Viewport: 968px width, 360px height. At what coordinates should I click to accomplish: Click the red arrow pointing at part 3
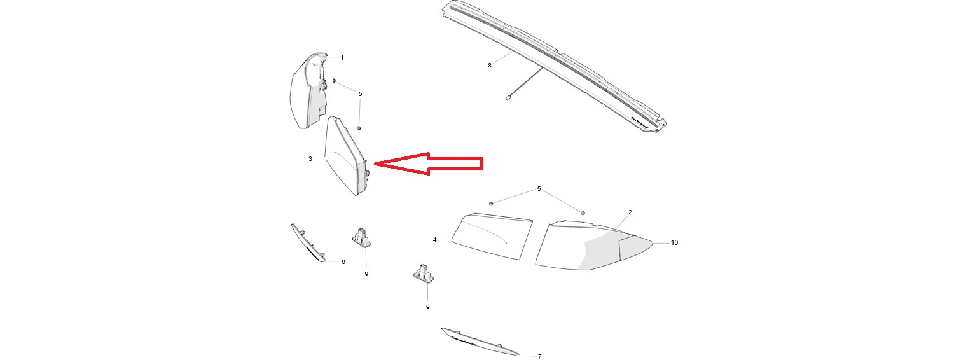coord(428,164)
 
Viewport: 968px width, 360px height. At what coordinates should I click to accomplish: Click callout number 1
coord(342,57)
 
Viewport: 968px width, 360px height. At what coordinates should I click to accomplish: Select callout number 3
coord(310,158)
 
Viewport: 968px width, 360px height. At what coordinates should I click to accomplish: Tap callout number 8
coord(490,66)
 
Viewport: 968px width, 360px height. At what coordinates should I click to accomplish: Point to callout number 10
coord(674,242)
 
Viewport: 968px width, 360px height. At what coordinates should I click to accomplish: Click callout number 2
coord(630,212)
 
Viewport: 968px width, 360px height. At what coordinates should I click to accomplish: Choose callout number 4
coord(435,240)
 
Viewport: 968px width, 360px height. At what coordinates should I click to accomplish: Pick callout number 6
coord(343,261)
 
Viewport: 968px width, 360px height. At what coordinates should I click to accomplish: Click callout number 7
coord(540,357)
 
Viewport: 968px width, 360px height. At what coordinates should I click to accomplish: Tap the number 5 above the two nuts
coord(539,189)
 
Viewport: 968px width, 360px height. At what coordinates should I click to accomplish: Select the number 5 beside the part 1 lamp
coord(361,93)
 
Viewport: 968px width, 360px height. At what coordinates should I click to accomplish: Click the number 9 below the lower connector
coord(428,307)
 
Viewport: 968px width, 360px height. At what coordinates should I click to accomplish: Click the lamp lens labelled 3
coord(346,156)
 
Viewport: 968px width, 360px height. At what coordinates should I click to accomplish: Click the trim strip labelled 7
coord(480,342)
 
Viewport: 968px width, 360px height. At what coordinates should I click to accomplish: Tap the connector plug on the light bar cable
coord(508,98)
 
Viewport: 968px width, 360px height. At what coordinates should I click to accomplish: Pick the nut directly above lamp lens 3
coord(359,128)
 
